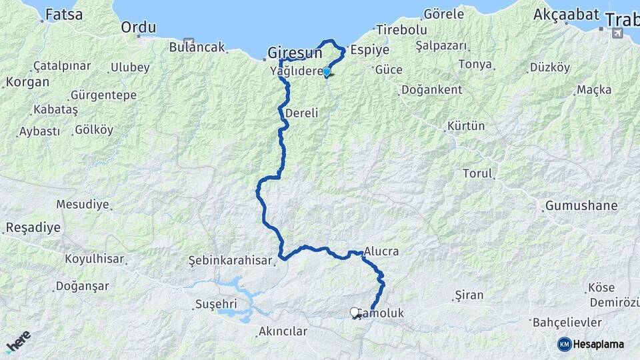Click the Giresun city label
(295, 53)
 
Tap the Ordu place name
(139, 27)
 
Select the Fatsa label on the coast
(65, 13)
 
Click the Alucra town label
(381, 251)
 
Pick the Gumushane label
(581, 205)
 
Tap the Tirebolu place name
(401, 30)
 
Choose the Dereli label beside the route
(301, 113)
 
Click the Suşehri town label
(215, 304)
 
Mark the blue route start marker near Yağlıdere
(326, 72)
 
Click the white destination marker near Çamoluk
(355, 311)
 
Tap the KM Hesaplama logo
(591, 344)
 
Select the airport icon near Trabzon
(619, 33)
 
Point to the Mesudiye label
(82, 204)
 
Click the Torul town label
(477, 173)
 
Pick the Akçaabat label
(566, 15)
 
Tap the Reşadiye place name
(33, 227)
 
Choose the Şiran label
(468, 294)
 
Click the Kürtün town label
(466, 125)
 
